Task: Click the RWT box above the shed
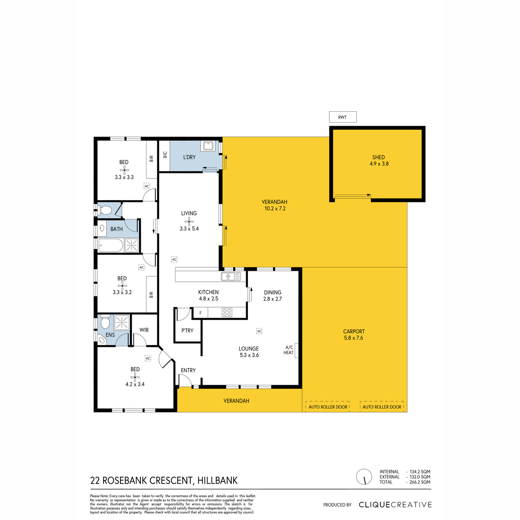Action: pos(342,117)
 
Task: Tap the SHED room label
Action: pos(378,157)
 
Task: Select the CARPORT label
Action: pos(354,331)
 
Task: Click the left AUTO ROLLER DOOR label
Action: pos(328,407)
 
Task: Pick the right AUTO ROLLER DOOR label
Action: pos(382,407)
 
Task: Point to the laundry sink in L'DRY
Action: pos(208,146)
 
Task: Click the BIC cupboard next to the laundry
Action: pos(164,156)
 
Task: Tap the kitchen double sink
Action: pos(231,276)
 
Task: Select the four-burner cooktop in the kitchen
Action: pos(227,312)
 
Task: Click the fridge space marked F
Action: pos(201,313)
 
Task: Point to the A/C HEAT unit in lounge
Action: pos(296,350)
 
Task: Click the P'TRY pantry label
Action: pos(187,330)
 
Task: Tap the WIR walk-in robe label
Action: pos(144,330)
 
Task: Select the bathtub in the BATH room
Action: pos(110,246)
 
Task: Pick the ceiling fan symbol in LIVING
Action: pos(189,221)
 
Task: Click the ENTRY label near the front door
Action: pos(188,370)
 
